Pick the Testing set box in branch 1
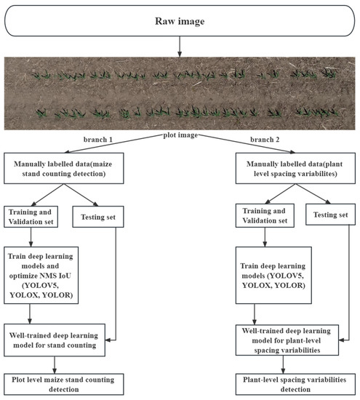pos(98,216)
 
